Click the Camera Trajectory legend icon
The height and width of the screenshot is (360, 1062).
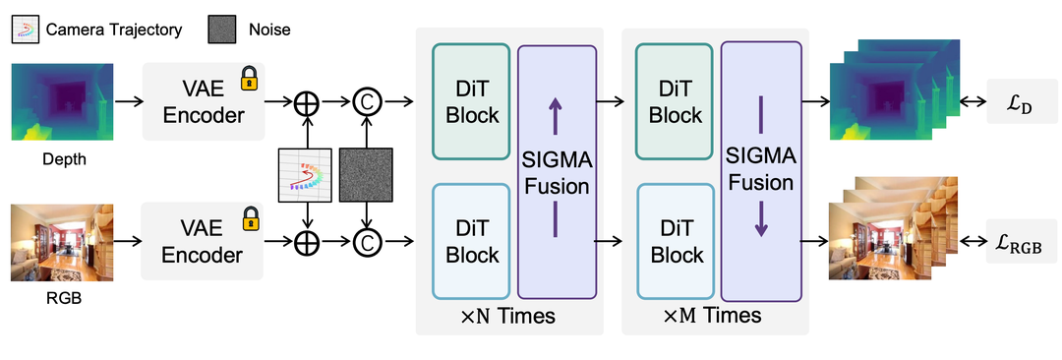(x=25, y=30)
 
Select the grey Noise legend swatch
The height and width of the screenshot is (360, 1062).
(x=222, y=30)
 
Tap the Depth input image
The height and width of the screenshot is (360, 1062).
(x=62, y=101)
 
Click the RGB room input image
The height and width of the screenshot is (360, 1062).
(x=62, y=243)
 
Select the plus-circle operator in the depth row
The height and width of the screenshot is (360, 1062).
(x=309, y=102)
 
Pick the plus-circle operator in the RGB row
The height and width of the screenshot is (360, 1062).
(x=309, y=241)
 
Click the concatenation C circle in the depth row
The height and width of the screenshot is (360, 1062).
(x=367, y=102)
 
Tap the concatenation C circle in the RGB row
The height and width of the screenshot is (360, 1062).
(x=367, y=241)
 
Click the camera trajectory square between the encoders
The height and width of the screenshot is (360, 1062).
(x=306, y=175)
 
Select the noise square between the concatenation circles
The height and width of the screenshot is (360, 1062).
(x=366, y=175)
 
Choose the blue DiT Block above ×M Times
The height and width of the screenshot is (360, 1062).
(x=675, y=241)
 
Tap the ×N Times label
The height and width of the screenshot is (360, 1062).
(x=508, y=316)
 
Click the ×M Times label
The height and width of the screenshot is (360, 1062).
(x=714, y=316)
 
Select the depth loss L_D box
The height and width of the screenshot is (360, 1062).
(x=1014, y=101)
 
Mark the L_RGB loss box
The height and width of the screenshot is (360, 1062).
(x=1014, y=241)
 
